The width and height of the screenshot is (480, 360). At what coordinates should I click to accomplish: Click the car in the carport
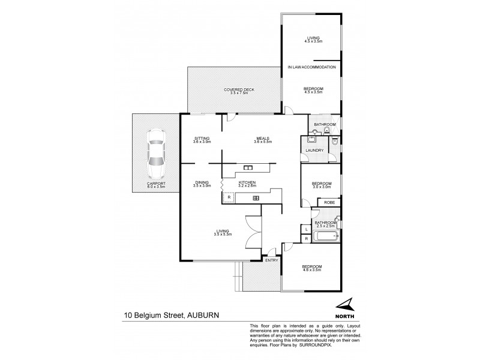tap(156, 152)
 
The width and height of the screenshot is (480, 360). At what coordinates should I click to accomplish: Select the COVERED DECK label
tap(239, 89)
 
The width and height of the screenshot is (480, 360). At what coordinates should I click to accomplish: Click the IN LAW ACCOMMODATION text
tap(311, 67)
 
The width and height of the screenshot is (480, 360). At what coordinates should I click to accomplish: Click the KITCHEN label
tap(247, 182)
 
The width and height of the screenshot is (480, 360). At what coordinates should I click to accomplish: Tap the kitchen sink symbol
tap(248, 167)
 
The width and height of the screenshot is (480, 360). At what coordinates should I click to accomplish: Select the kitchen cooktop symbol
tap(255, 198)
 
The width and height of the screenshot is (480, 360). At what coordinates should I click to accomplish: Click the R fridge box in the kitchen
tap(228, 197)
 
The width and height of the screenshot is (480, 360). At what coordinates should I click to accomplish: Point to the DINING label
tap(201, 182)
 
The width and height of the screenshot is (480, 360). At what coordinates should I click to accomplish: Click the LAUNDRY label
tap(314, 151)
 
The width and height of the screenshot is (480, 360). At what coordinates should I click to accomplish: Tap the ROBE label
tap(329, 203)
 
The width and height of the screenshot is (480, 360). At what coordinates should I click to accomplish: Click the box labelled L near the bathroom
tap(306, 229)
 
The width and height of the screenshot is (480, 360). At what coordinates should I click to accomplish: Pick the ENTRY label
tap(272, 259)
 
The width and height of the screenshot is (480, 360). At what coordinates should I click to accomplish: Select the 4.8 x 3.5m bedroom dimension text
tap(312, 270)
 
